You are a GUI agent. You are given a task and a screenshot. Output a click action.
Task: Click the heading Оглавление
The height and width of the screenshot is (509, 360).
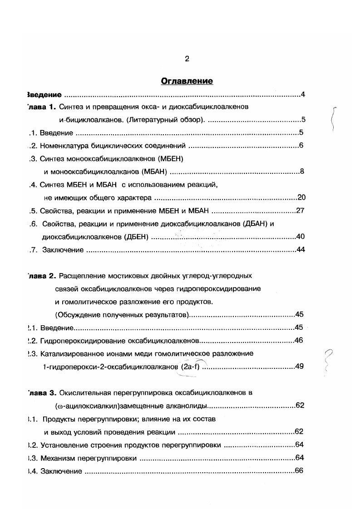(187, 81)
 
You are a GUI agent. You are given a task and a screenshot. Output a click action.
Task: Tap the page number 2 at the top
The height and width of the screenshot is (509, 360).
(187, 59)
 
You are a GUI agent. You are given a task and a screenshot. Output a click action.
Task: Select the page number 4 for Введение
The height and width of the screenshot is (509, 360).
(302, 95)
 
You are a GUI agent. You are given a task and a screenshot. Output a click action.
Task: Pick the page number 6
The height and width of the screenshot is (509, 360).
(301, 146)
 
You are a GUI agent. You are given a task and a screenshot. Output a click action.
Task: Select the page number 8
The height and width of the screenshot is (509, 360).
(301, 171)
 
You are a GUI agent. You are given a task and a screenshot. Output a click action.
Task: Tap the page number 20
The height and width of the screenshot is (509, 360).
(301, 197)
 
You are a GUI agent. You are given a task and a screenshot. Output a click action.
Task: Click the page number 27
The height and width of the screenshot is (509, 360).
(300, 210)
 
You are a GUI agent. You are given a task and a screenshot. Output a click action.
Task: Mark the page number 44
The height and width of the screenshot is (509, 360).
(300, 250)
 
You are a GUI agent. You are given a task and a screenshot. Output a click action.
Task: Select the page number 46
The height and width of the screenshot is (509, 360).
(299, 340)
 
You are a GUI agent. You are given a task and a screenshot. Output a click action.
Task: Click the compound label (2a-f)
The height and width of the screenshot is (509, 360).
(190, 367)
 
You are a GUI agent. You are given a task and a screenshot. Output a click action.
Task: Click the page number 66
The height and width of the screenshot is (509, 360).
(299, 470)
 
